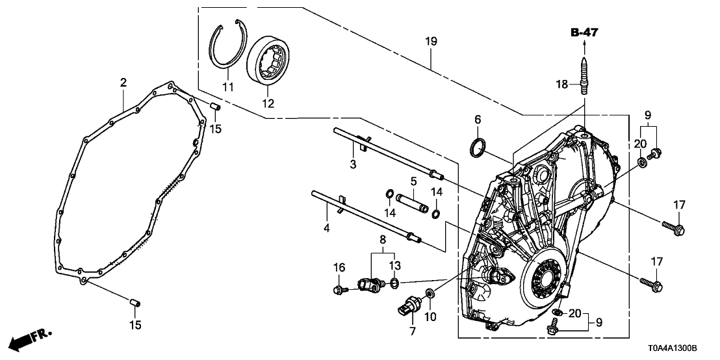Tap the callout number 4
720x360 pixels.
[x=327, y=228]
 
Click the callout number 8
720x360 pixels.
[x=382, y=239]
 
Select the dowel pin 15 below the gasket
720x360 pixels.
[x=135, y=302]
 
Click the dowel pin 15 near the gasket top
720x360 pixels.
[x=215, y=106]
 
